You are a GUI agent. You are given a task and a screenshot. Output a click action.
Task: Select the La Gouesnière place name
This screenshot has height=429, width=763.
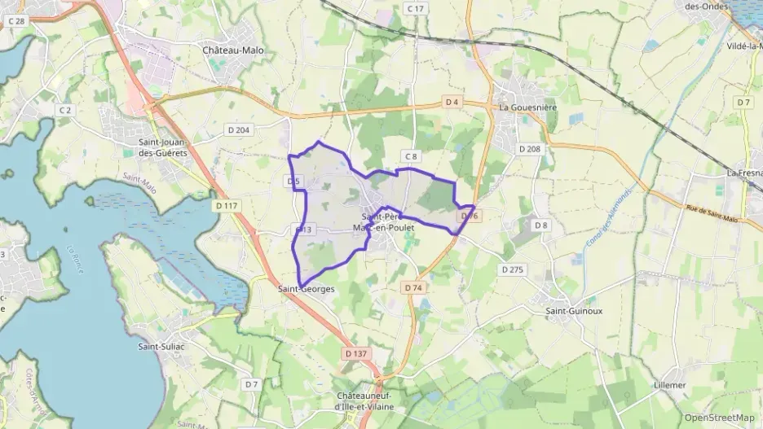coord(527,107)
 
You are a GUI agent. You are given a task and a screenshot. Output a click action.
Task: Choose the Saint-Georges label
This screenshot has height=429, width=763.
coord(306,288)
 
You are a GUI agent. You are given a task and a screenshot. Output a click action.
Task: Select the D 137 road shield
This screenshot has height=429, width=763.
coord(356,353)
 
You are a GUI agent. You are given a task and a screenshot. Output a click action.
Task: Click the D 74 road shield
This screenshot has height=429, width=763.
coord(413,287)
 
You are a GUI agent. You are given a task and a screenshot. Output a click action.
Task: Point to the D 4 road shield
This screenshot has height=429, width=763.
coord(453,102)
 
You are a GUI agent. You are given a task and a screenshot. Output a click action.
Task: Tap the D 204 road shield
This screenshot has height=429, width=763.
coord(239,129)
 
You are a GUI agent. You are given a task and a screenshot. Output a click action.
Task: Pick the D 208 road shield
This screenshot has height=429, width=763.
coord(529,149)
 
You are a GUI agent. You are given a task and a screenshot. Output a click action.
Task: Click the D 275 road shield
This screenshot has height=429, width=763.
coord(513,269)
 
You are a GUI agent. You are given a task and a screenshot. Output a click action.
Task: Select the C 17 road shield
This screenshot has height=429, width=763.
coord(416,8)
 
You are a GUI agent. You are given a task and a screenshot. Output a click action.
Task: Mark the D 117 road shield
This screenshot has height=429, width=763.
coord(227,206)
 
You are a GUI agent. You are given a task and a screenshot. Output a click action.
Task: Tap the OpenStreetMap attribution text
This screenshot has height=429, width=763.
coord(720,418)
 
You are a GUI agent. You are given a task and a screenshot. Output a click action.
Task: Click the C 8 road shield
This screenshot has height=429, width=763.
coord(410,156)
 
